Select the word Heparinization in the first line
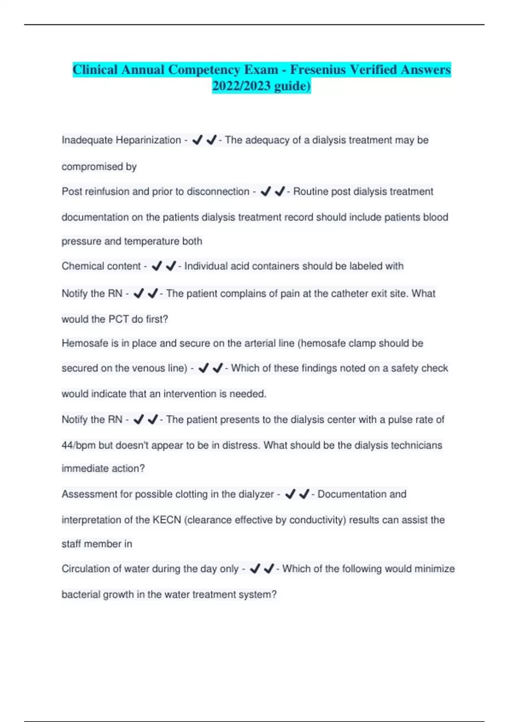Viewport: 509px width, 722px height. point(148,140)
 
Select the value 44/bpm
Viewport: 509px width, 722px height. point(78,445)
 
